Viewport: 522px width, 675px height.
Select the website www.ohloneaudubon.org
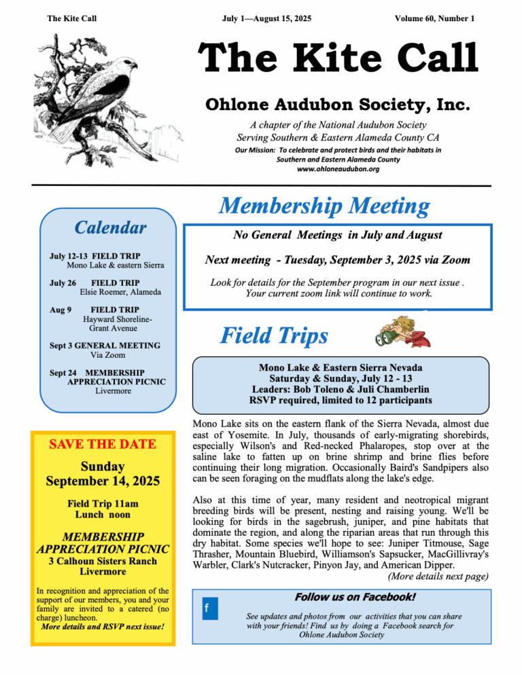(x=338, y=168)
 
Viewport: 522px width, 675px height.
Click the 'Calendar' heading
(x=110, y=227)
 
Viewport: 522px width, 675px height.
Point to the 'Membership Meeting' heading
(x=324, y=206)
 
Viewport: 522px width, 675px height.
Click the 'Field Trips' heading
(x=275, y=335)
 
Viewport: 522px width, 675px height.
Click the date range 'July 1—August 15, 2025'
(x=266, y=18)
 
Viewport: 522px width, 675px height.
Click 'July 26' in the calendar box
(x=63, y=282)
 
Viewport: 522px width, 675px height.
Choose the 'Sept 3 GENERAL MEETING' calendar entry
(x=105, y=346)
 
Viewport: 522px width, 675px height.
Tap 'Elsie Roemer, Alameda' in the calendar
(x=121, y=292)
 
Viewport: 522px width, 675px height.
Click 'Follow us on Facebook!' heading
(x=355, y=598)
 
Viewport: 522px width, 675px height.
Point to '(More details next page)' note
(x=438, y=577)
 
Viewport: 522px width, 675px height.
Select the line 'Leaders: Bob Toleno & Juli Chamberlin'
(x=341, y=390)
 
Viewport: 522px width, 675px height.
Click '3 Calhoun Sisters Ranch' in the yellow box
(x=103, y=561)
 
